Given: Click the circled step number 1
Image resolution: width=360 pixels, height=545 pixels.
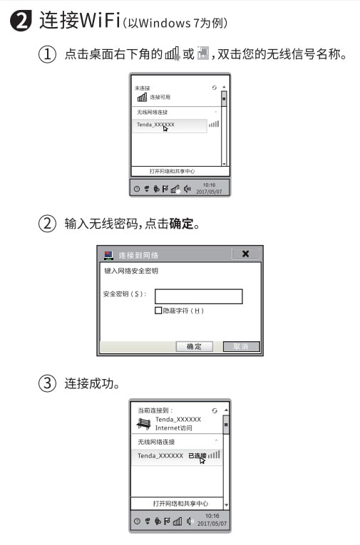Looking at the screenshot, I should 48,53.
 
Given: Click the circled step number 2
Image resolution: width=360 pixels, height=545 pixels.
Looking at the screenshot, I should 48,224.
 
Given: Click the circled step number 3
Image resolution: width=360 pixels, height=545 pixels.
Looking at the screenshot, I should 48,383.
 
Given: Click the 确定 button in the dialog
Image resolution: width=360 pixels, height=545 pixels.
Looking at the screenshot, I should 194,346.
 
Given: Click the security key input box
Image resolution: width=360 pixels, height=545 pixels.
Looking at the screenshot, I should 199,296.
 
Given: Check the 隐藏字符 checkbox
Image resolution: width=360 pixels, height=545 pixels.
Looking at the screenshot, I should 158,311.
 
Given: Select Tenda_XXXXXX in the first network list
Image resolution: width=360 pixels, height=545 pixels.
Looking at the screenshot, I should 155,124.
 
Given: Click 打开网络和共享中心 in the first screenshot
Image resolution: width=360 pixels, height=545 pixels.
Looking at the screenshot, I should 172,171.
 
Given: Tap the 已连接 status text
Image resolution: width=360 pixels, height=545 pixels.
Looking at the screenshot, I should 197,455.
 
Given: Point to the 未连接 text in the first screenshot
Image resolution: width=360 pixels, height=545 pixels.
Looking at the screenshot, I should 143,88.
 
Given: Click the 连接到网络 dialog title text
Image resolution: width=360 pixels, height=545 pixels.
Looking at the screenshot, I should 138,254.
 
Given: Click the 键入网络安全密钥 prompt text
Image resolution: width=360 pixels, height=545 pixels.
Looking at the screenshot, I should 131,271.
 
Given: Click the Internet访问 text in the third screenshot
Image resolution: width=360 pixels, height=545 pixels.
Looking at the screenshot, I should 174,427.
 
